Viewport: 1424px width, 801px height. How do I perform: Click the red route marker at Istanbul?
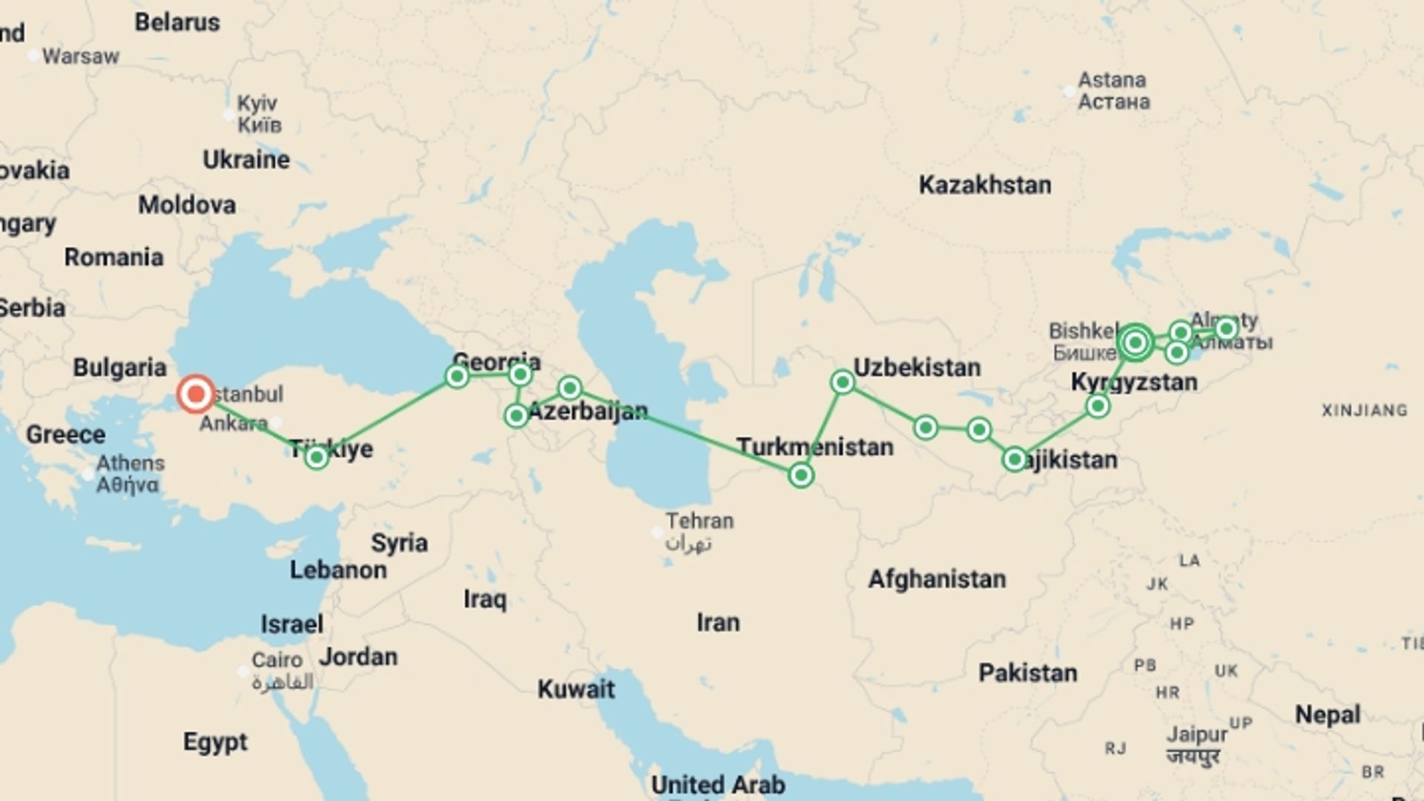point(196,394)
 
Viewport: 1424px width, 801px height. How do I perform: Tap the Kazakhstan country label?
point(984,185)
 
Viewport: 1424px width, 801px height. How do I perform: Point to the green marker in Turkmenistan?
point(800,475)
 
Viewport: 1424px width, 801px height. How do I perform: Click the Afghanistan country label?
point(937,578)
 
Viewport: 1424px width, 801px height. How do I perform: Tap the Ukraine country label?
point(246,159)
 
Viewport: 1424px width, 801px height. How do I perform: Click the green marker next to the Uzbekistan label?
point(843,382)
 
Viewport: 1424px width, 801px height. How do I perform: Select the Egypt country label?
point(215,742)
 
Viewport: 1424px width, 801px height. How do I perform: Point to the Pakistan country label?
point(1027,673)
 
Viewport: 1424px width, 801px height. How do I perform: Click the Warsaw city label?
point(80,56)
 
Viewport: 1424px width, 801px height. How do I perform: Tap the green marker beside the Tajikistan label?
point(1014,459)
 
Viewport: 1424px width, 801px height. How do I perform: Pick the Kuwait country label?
point(576,689)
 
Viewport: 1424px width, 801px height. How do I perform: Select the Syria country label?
point(399,543)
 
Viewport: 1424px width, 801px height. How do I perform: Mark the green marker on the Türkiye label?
point(317,457)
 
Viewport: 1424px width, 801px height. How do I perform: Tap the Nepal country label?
point(1328,714)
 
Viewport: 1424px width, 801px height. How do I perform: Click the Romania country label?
point(113,257)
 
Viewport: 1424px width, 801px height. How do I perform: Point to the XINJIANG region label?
point(1364,410)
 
